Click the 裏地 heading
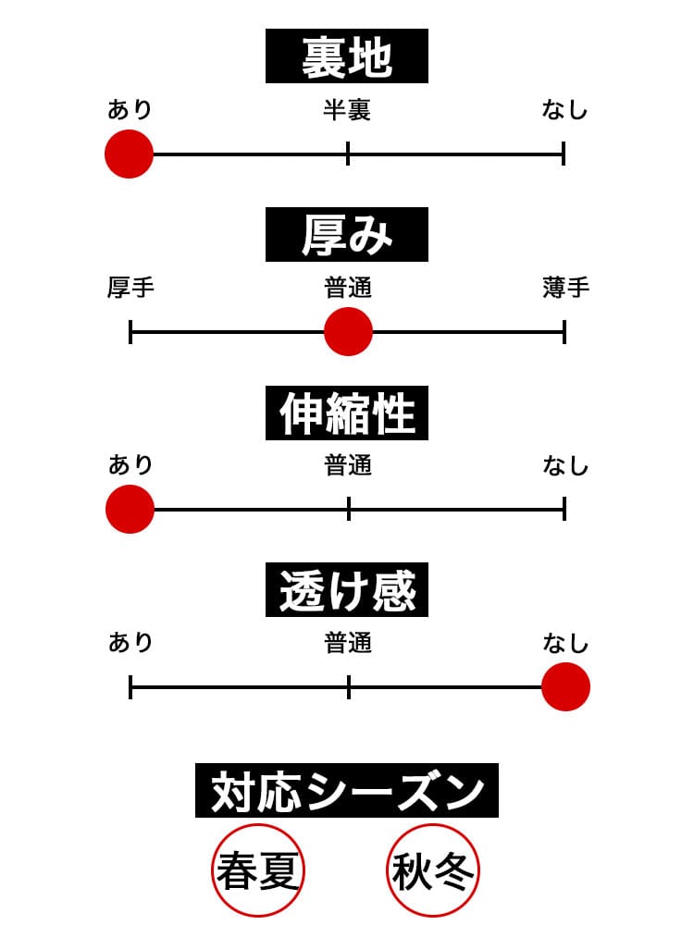[x=347, y=56]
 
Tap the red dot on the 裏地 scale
[x=129, y=154]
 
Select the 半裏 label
[x=347, y=111]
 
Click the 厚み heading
[x=347, y=235]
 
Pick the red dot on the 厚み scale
[x=348, y=331]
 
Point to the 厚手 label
[x=130, y=289]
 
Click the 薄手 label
[x=565, y=289]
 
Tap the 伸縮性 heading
[x=347, y=413]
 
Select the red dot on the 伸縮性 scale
[x=130, y=509]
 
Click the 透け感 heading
[x=347, y=590]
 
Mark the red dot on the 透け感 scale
[x=565, y=686]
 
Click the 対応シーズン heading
[x=347, y=791]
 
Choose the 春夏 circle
[x=259, y=870]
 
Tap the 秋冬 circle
[x=433, y=870]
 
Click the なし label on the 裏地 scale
[x=565, y=111]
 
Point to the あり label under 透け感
[x=130, y=643]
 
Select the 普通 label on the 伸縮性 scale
[x=348, y=465]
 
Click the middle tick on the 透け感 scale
[x=349, y=686]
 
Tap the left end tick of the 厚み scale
[x=130, y=331]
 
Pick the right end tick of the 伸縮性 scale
[x=564, y=509]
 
